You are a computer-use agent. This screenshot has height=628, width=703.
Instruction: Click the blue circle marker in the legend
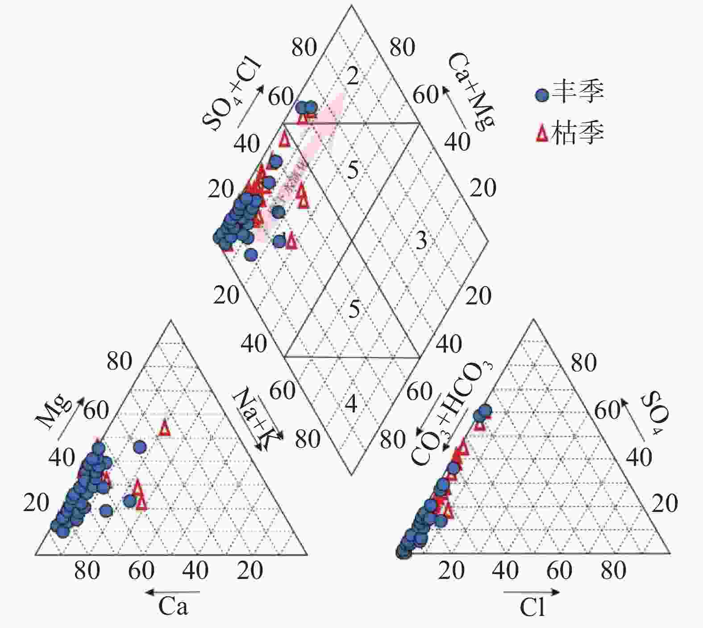542,95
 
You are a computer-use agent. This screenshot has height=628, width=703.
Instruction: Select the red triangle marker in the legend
542,133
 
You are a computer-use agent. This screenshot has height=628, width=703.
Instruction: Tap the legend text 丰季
578,93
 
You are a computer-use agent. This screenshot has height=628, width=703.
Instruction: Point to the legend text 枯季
578,133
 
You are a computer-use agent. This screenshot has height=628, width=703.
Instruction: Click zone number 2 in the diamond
353,76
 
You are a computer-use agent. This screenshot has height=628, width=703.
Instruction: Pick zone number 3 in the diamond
421,241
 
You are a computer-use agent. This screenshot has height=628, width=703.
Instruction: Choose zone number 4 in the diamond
352,403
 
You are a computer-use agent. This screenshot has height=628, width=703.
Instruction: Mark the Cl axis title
532,607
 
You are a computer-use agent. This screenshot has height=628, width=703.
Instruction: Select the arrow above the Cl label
531,592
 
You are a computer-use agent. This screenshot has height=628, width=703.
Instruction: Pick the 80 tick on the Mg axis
119,362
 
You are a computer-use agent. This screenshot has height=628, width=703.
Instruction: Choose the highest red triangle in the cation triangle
165,428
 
